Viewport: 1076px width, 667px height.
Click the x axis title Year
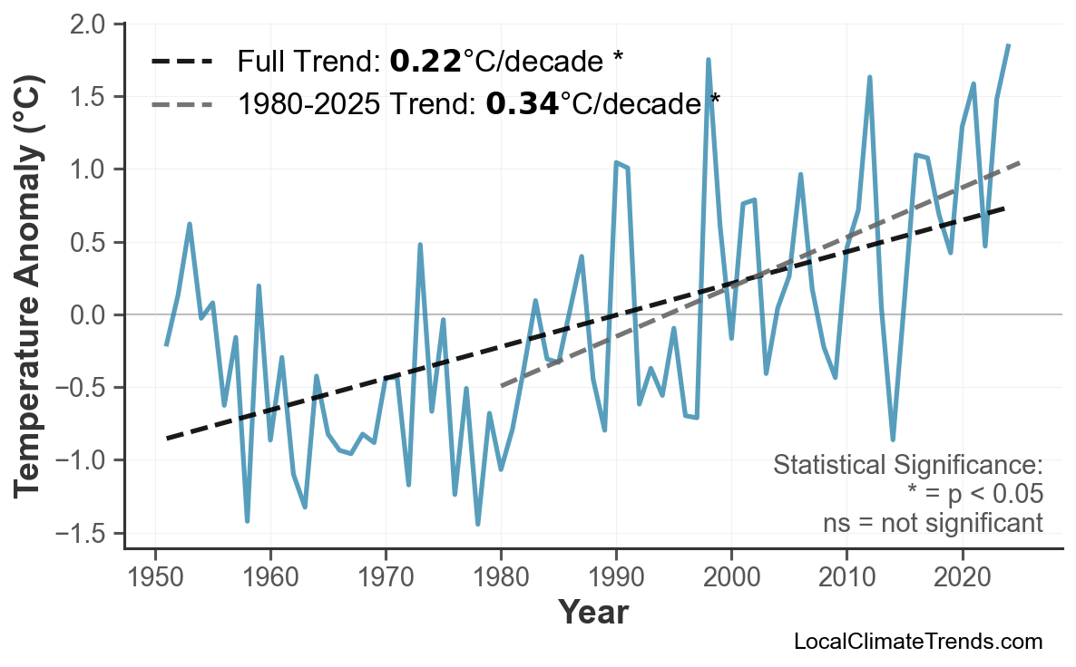click(592, 613)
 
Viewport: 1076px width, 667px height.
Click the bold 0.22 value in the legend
click(426, 62)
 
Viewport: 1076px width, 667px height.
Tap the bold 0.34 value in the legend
click(521, 104)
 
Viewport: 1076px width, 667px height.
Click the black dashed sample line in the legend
click(181, 62)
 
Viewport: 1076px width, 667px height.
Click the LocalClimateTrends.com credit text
click(917, 642)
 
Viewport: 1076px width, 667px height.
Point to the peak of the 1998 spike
click(708, 60)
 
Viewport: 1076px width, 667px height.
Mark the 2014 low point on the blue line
click(893, 440)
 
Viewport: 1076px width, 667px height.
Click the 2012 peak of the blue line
click(869, 77)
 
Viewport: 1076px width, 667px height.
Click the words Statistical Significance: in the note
click(907, 466)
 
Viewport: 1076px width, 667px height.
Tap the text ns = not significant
click(933, 523)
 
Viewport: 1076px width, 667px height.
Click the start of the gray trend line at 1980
click(502, 386)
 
